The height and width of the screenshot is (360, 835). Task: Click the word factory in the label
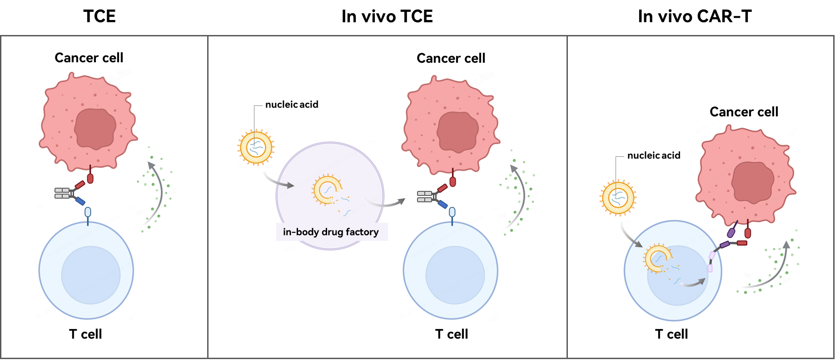tap(362, 232)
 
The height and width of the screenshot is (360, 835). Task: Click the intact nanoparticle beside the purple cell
tap(256, 147)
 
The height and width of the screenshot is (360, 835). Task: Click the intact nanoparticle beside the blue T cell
tap(618, 198)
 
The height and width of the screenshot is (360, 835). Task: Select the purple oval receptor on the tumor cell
tap(731, 232)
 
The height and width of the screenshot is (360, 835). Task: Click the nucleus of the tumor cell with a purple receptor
tap(752, 182)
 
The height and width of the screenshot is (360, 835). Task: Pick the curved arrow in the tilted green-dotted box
tap(772, 268)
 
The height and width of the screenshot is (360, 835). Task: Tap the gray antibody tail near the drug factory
tap(424, 196)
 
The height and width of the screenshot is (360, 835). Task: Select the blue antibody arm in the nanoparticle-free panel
tap(80, 201)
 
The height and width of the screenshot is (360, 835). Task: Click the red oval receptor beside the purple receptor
tap(747, 233)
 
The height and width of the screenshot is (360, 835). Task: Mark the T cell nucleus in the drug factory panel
tap(455, 275)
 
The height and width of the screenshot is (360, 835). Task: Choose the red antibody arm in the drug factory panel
tap(442, 188)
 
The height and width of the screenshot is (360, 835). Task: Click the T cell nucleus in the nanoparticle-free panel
tap(90, 275)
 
